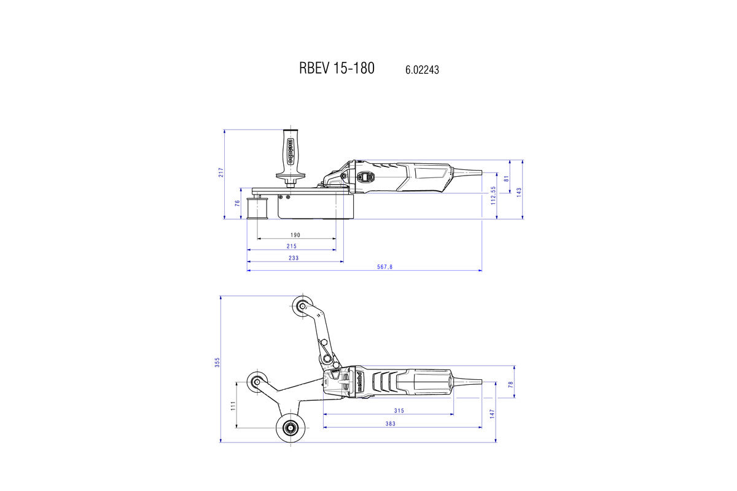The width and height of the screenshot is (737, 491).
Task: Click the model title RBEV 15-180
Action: pos(337,68)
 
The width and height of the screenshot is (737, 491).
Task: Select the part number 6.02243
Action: pos(422,70)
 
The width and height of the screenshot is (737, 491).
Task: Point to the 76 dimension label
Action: pos(238,204)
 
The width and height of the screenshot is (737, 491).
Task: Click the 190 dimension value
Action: pos(295,235)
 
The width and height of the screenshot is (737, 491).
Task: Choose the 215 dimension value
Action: pos(291,246)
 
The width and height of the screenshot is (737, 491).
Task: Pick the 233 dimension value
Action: pos(294,258)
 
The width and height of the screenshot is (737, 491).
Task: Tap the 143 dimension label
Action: pos(520,191)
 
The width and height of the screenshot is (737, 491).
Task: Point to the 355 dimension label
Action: pos(217,363)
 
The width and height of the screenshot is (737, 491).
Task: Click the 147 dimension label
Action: pos(493,414)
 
